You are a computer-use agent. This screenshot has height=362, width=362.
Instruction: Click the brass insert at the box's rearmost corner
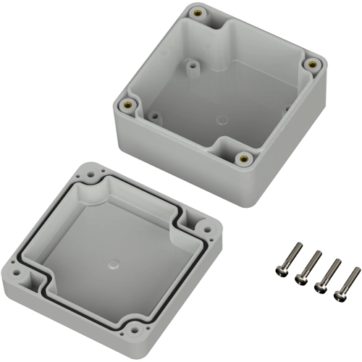(x=198, y=12)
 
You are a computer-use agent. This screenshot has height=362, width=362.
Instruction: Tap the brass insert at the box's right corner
(x=313, y=64)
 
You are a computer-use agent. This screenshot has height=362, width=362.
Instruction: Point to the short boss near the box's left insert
(x=154, y=114)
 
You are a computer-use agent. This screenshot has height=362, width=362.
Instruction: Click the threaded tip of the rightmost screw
(x=356, y=270)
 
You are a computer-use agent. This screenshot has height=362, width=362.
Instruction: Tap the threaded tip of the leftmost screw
(x=298, y=247)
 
